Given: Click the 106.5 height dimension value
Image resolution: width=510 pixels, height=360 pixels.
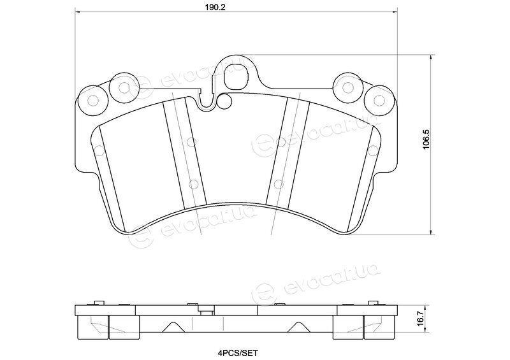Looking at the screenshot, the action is [x=425, y=139].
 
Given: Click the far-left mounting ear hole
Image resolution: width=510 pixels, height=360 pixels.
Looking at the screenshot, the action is [x=93, y=101].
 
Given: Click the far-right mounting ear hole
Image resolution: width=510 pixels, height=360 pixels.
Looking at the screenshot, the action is [x=379, y=101].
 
